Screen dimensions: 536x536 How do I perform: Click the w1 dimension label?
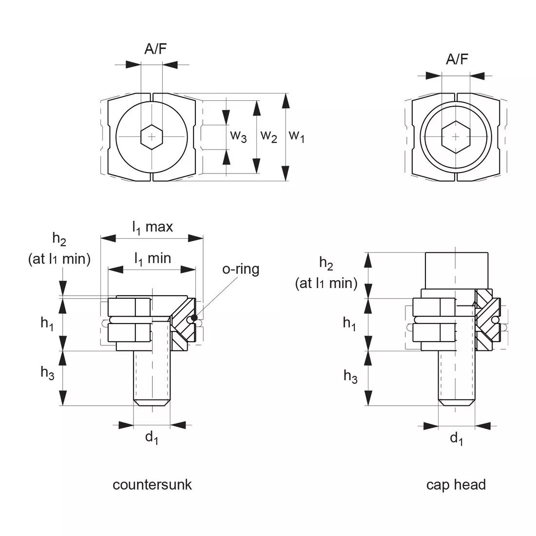pos(296,136)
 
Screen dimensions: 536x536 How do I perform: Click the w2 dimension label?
pos(268,136)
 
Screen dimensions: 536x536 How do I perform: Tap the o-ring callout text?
pos(241,269)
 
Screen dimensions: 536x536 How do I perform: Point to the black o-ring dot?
pos(194,318)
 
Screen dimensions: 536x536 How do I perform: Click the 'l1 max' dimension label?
pos(153,227)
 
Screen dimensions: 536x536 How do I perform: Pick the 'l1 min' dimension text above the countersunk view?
pos(153,258)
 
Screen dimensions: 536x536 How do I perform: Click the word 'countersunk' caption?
pos(152,485)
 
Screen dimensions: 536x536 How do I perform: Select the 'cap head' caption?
pos(456,485)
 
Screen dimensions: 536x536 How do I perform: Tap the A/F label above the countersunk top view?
pos(155,49)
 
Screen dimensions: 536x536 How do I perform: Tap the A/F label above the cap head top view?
pos(457,59)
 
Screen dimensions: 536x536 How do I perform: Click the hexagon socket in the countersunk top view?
pos(152,137)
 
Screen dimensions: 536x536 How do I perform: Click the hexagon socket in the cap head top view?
pos(456,137)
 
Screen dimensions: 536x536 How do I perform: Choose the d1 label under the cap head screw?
pos(457,439)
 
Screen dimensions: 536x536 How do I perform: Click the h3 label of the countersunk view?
pos(47,373)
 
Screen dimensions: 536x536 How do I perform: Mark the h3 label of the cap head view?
pos(350,376)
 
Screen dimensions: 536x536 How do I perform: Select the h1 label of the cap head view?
pos(349,324)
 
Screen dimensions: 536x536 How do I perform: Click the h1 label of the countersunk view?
pos(47,324)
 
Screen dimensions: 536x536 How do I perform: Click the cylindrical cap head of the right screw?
pos(457,271)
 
